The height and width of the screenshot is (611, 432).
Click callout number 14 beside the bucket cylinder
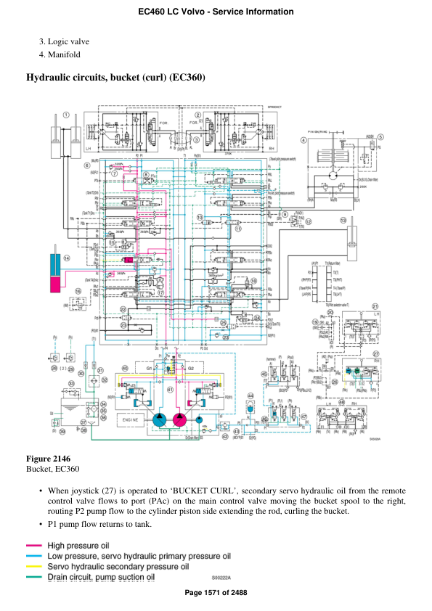point(67,258)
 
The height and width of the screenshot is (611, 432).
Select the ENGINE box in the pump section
point(131,420)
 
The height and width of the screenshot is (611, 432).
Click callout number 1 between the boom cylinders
point(65,115)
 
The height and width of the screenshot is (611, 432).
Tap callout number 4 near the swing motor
point(303,139)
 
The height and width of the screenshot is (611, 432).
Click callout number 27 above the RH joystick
point(377,354)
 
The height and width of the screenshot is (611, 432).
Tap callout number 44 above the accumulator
point(250,395)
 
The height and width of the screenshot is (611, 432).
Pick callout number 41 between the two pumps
point(170,390)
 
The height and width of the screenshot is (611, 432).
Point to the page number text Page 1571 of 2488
point(216,593)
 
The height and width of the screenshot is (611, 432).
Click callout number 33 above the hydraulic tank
point(71,383)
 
